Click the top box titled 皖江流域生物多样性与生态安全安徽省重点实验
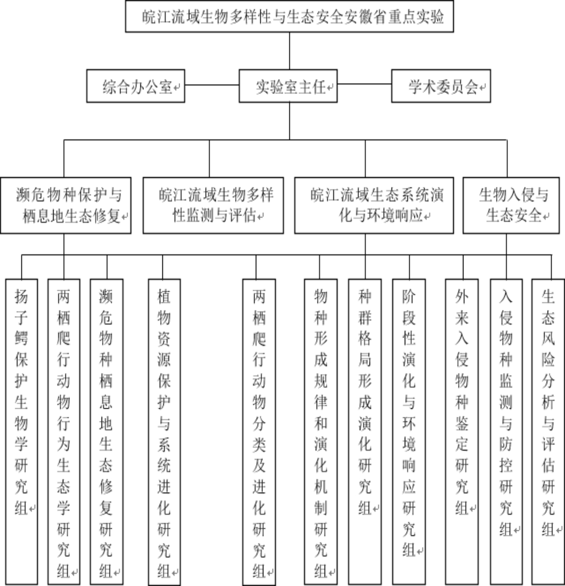pos(289,17)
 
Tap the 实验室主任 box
pos(289,86)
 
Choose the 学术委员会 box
pos(440,86)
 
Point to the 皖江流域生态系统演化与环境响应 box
pos(366,205)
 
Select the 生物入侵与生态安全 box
pos(510,205)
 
